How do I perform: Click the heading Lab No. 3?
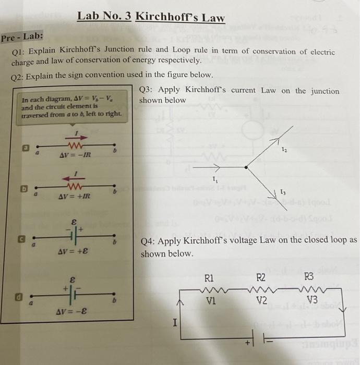click(x=104, y=16)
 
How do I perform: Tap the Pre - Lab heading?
click(x=22, y=38)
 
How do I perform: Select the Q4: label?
click(x=149, y=240)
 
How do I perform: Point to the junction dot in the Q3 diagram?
click(x=246, y=167)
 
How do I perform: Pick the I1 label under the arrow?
click(x=214, y=180)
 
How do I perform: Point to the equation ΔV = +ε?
click(x=73, y=251)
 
